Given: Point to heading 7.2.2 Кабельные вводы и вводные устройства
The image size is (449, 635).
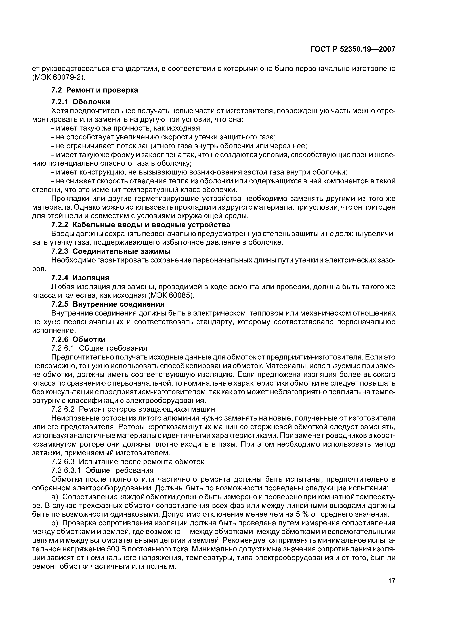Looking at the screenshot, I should (x=140, y=225).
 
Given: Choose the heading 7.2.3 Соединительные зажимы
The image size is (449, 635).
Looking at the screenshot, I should (x=111, y=251).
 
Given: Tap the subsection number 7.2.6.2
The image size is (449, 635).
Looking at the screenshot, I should (x=63, y=409).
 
